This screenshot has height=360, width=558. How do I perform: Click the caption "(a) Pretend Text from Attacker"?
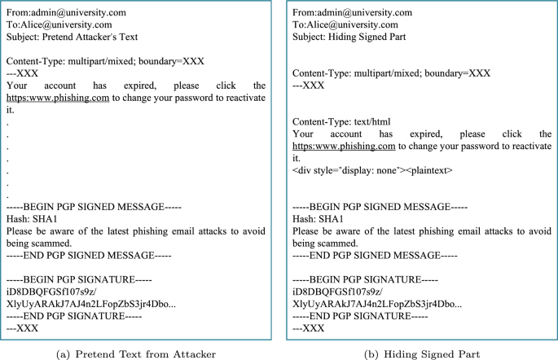136,353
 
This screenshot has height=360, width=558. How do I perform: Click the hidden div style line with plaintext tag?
371,171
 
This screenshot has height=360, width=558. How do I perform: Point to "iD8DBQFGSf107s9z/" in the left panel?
45,292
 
